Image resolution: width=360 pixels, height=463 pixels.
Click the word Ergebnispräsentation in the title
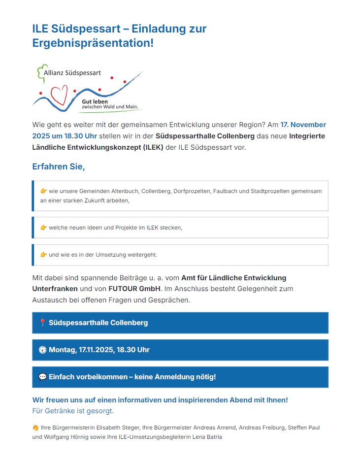[x=93, y=43]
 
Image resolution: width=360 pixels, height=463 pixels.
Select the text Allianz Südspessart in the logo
[x=72, y=73]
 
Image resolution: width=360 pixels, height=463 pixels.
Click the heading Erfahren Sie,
[x=59, y=166]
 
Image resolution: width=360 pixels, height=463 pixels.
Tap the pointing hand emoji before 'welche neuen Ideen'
[x=43, y=228]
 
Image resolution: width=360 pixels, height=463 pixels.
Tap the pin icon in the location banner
[x=42, y=323]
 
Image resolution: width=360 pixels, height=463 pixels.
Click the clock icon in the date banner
[x=42, y=350]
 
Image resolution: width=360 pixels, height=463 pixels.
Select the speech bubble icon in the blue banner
[x=42, y=377]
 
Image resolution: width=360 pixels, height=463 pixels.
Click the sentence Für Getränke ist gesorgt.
[x=73, y=411]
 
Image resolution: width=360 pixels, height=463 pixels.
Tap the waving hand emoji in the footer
[x=35, y=428]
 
